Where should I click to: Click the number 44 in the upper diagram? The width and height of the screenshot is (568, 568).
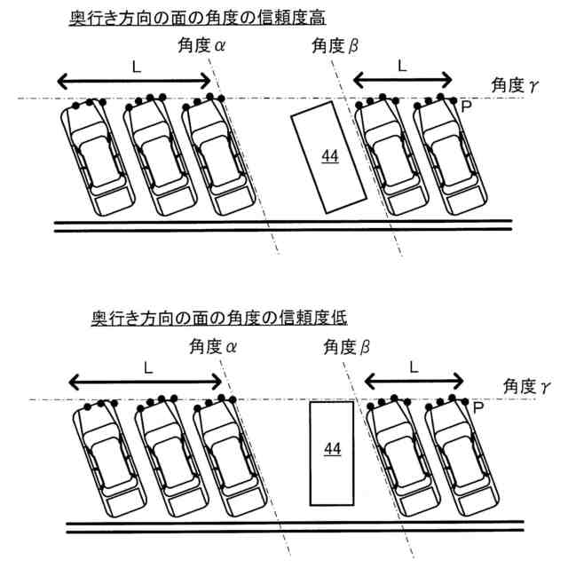[x=330, y=156]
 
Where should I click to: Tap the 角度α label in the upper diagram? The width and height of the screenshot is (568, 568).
[x=201, y=48]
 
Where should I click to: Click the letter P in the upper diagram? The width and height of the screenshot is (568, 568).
[x=465, y=106]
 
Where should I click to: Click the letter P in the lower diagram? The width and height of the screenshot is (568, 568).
[x=477, y=408]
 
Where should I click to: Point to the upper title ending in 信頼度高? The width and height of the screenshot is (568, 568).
[x=174, y=19]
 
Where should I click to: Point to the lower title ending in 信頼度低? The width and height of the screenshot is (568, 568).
[x=185, y=318]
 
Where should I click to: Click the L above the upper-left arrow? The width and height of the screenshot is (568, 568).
[x=134, y=66]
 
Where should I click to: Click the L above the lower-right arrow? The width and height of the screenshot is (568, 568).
[x=414, y=366]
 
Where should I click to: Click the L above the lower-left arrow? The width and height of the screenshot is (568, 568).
[x=147, y=366]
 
